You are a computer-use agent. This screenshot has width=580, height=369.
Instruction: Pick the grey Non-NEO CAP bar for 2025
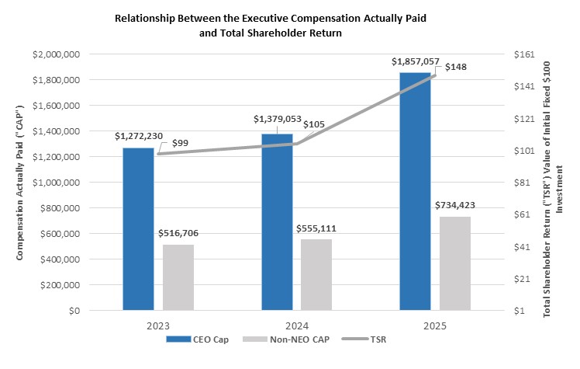[x=454, y=263]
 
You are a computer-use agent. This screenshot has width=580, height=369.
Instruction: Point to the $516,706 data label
[x=178, y=232]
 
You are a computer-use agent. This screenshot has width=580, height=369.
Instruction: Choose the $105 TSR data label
[x=314, y=124]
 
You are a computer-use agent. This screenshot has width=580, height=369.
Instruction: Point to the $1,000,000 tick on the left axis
[x=57, y=183]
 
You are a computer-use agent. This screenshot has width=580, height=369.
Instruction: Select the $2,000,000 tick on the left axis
[x=57, y=54]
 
